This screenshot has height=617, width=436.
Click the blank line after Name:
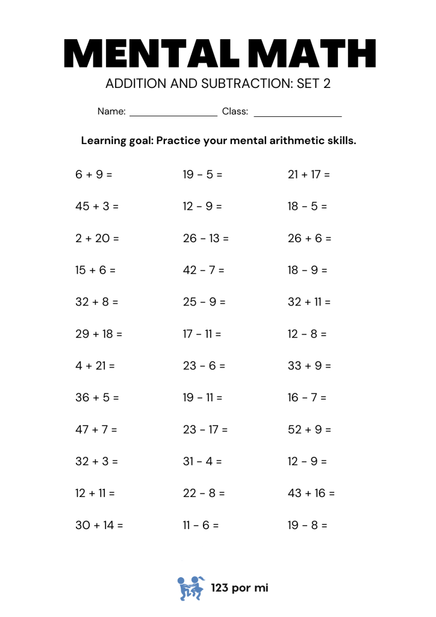pyautogui.click(x=173, y=112)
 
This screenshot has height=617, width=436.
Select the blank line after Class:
pyautogui.click(x=297, y=112)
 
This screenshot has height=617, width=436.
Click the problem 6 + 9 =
pyautogui.click(x=94, y=175)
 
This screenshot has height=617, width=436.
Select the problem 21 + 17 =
pyautogui.click(x=309, y=175)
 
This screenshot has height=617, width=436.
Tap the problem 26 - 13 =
pyautogui.click(x=206, y=239)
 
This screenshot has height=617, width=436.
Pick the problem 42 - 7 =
pyautogui.click(x=204, y=271)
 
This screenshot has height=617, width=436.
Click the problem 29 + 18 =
pyautogui.click(x=99, y=334)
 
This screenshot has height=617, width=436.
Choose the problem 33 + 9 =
pyautogui.click(x=310, y=366)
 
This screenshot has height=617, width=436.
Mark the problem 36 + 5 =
pyautogui.click(x=98, y=398)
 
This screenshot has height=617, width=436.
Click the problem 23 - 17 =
pyautogui.click(x=205, y=430)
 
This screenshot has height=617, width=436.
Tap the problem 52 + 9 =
pyautogui.click(x=310, y=430)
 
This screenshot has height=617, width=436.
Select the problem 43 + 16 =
pyautogui.click(x=311, y=493)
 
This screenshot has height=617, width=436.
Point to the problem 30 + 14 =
pyautogui.click(x=99, y=525)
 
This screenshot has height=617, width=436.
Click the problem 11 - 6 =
pyautogui.click(x=201, y=525)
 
